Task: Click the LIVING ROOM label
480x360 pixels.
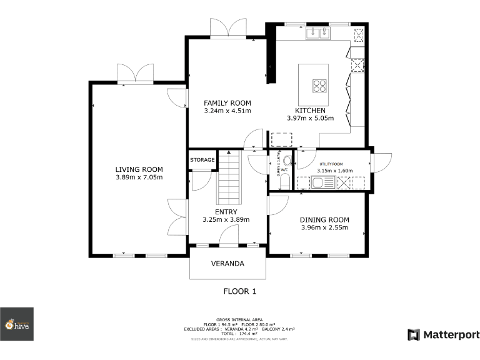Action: [139, 169]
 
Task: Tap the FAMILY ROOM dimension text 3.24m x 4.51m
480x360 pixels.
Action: [227, 111]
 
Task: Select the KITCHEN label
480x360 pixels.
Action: [311, 110]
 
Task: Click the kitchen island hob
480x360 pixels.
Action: [319, 85]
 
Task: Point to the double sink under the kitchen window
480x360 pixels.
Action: [318, 34]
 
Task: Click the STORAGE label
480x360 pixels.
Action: [202, 160]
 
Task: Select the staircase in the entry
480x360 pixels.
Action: [229, 177]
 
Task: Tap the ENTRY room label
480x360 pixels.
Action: [226, 212]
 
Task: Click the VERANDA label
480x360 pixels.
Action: [227, 264]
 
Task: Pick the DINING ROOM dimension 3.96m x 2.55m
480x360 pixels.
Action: [324, 227]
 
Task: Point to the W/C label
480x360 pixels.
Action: [284, 169]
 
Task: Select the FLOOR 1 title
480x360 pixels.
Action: [240, 291]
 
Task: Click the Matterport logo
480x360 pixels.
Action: [444, 335]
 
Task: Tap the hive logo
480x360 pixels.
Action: [17, 324]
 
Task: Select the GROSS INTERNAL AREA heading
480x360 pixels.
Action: [240, 319]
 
